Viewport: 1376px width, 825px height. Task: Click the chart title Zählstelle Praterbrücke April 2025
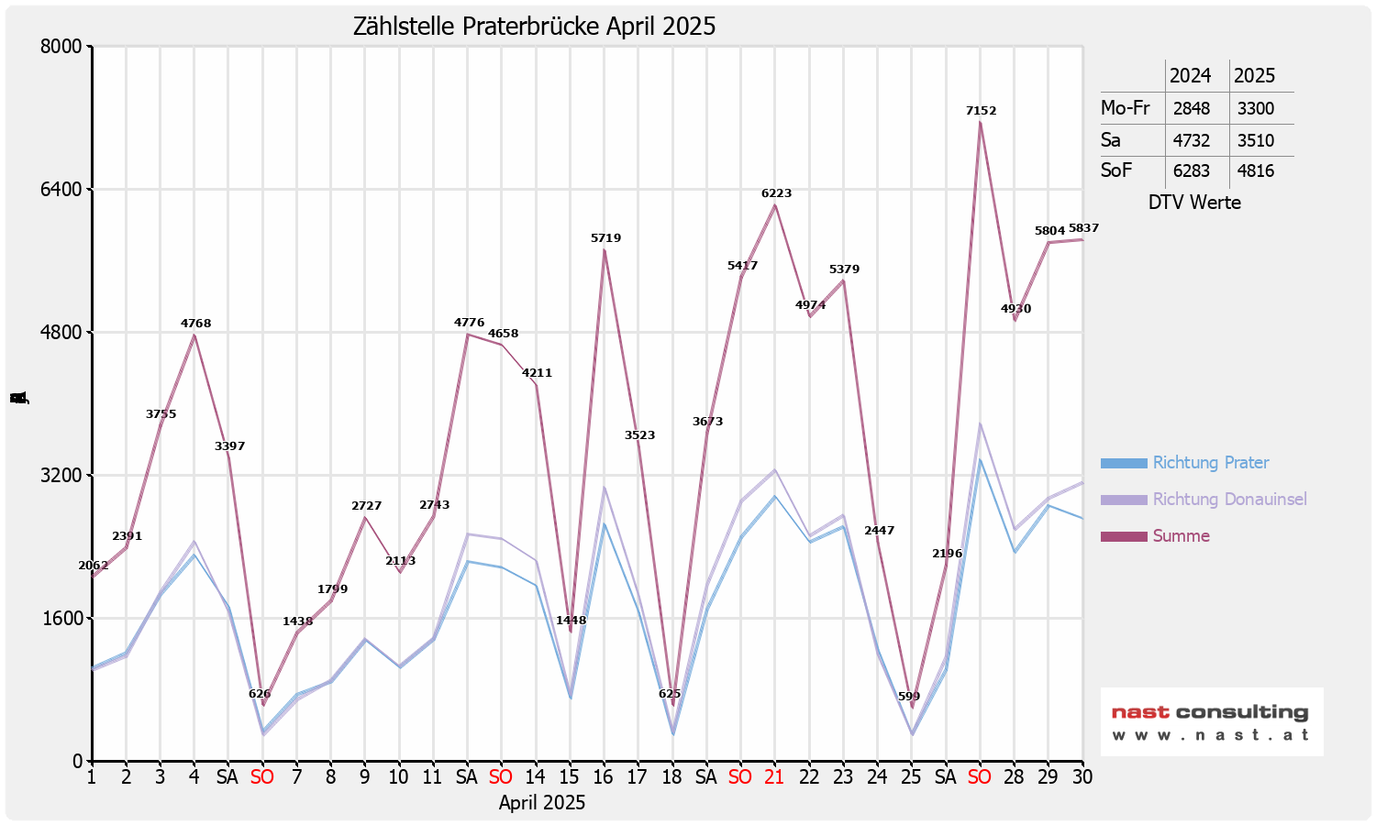tap(534, 27)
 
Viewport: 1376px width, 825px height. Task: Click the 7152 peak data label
tap(981, 111)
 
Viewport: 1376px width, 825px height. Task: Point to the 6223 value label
tap(776, 193)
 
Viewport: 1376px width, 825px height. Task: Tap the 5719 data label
tap(605, 238)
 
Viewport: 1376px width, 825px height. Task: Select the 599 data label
tap(909, 697)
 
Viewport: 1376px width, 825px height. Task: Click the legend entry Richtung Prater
tap(1210, 463)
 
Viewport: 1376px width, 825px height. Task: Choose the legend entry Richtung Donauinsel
tap(1229, 500)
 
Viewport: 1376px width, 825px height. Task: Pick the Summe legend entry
tap(1181, 536)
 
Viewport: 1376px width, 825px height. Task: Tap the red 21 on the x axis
tap(774, 777)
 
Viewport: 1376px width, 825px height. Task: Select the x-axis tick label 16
tap(603, 777)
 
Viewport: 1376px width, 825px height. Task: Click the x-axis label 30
tap(1082, 777)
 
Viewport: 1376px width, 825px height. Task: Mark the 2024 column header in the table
tap(1190, 76)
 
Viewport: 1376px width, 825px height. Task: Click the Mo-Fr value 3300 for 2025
tap(1255, 108)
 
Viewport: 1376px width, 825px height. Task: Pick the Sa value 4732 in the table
tap(1191, 140)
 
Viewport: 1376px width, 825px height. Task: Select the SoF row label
tap(1116, 170)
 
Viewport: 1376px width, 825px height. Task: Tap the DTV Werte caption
tap(1194, 203)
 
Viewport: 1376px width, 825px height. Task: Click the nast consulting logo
tap(1211, 721)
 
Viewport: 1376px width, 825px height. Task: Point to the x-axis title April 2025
tap(542, 803)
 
